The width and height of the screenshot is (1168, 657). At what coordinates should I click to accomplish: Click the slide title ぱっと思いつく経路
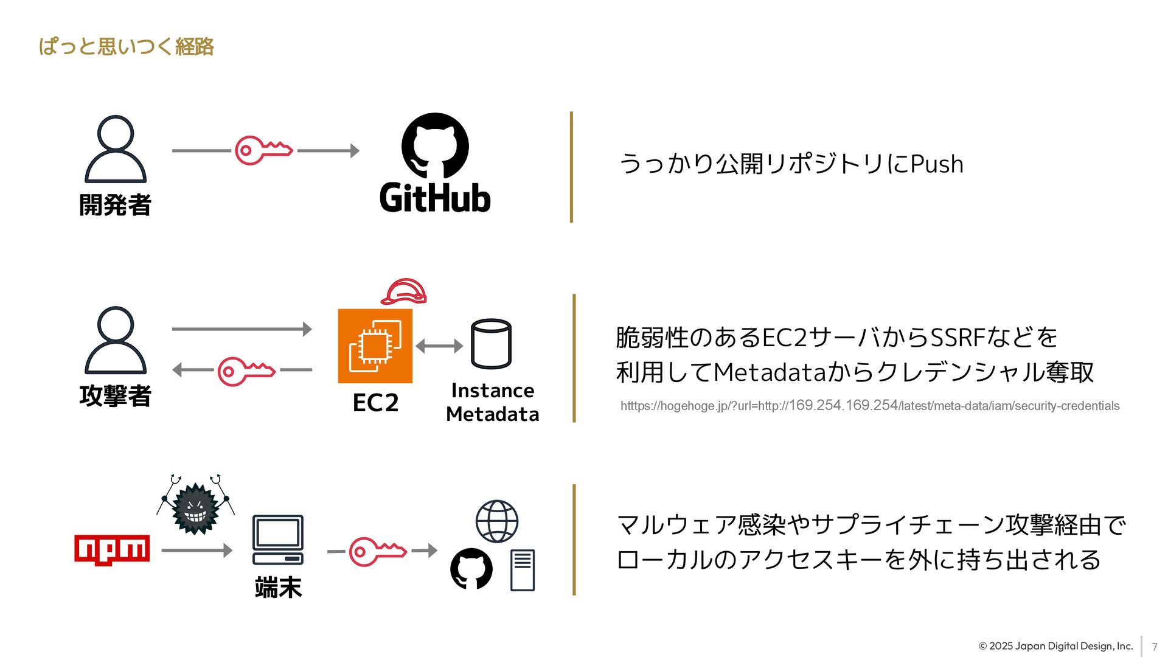click(x=126, y=47)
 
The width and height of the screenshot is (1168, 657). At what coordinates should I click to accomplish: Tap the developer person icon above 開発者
click(x=116, y=149)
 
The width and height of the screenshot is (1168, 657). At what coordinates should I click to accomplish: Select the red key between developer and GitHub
click(x=263, y=150)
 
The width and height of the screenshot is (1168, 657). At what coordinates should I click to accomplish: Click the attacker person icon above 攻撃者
click(x=116, y=340)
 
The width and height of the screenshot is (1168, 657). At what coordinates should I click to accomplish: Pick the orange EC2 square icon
click(x=375, y=346)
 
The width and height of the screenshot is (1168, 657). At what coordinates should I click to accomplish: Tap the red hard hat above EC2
click(x=404, y=292)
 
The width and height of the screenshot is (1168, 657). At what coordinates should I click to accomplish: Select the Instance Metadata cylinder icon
click(x=491, y=344)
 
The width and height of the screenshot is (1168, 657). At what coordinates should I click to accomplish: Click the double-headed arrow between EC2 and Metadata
click(x=439, y=346)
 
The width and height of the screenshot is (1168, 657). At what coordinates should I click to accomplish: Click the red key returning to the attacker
click(x=246, y=370)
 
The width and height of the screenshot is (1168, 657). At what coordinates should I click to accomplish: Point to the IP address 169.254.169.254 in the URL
click(x=843, y=405)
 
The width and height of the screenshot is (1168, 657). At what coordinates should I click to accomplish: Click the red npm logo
click(x=112, y=550)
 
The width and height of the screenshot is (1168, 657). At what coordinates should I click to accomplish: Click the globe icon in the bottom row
click(x=496, y=521)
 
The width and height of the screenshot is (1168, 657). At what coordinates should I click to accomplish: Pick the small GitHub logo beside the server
click(x=471, y=569)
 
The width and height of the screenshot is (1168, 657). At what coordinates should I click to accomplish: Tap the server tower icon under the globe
click(x=523, y=570)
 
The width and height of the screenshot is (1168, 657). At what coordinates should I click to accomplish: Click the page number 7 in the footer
click(x=1154, y=647)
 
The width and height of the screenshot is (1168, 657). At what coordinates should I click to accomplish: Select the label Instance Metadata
click(x=492, y=402)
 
